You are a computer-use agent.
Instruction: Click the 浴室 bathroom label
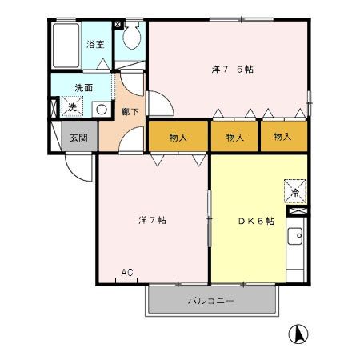tap(95, 44)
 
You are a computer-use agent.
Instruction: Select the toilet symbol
tap(132, 36)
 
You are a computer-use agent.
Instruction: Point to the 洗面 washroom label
tap(84, 86)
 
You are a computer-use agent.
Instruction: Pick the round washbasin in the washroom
tap(102, 109)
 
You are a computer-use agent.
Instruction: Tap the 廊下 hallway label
tap(129, 112)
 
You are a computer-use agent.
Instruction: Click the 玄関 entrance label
tap(78, 137)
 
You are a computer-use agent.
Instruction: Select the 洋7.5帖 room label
tap(233, 70)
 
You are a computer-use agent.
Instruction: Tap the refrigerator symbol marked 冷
tap(294, 192)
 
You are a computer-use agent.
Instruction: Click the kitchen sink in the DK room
tap(295, 237)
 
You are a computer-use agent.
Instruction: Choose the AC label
tap(126, 274)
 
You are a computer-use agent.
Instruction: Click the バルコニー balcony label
tap(211, 301)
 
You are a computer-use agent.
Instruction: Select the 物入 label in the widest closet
tap(178, 138)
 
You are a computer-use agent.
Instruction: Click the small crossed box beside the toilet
tap(119, 25)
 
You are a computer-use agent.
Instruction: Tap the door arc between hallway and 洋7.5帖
tap(158, 105)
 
